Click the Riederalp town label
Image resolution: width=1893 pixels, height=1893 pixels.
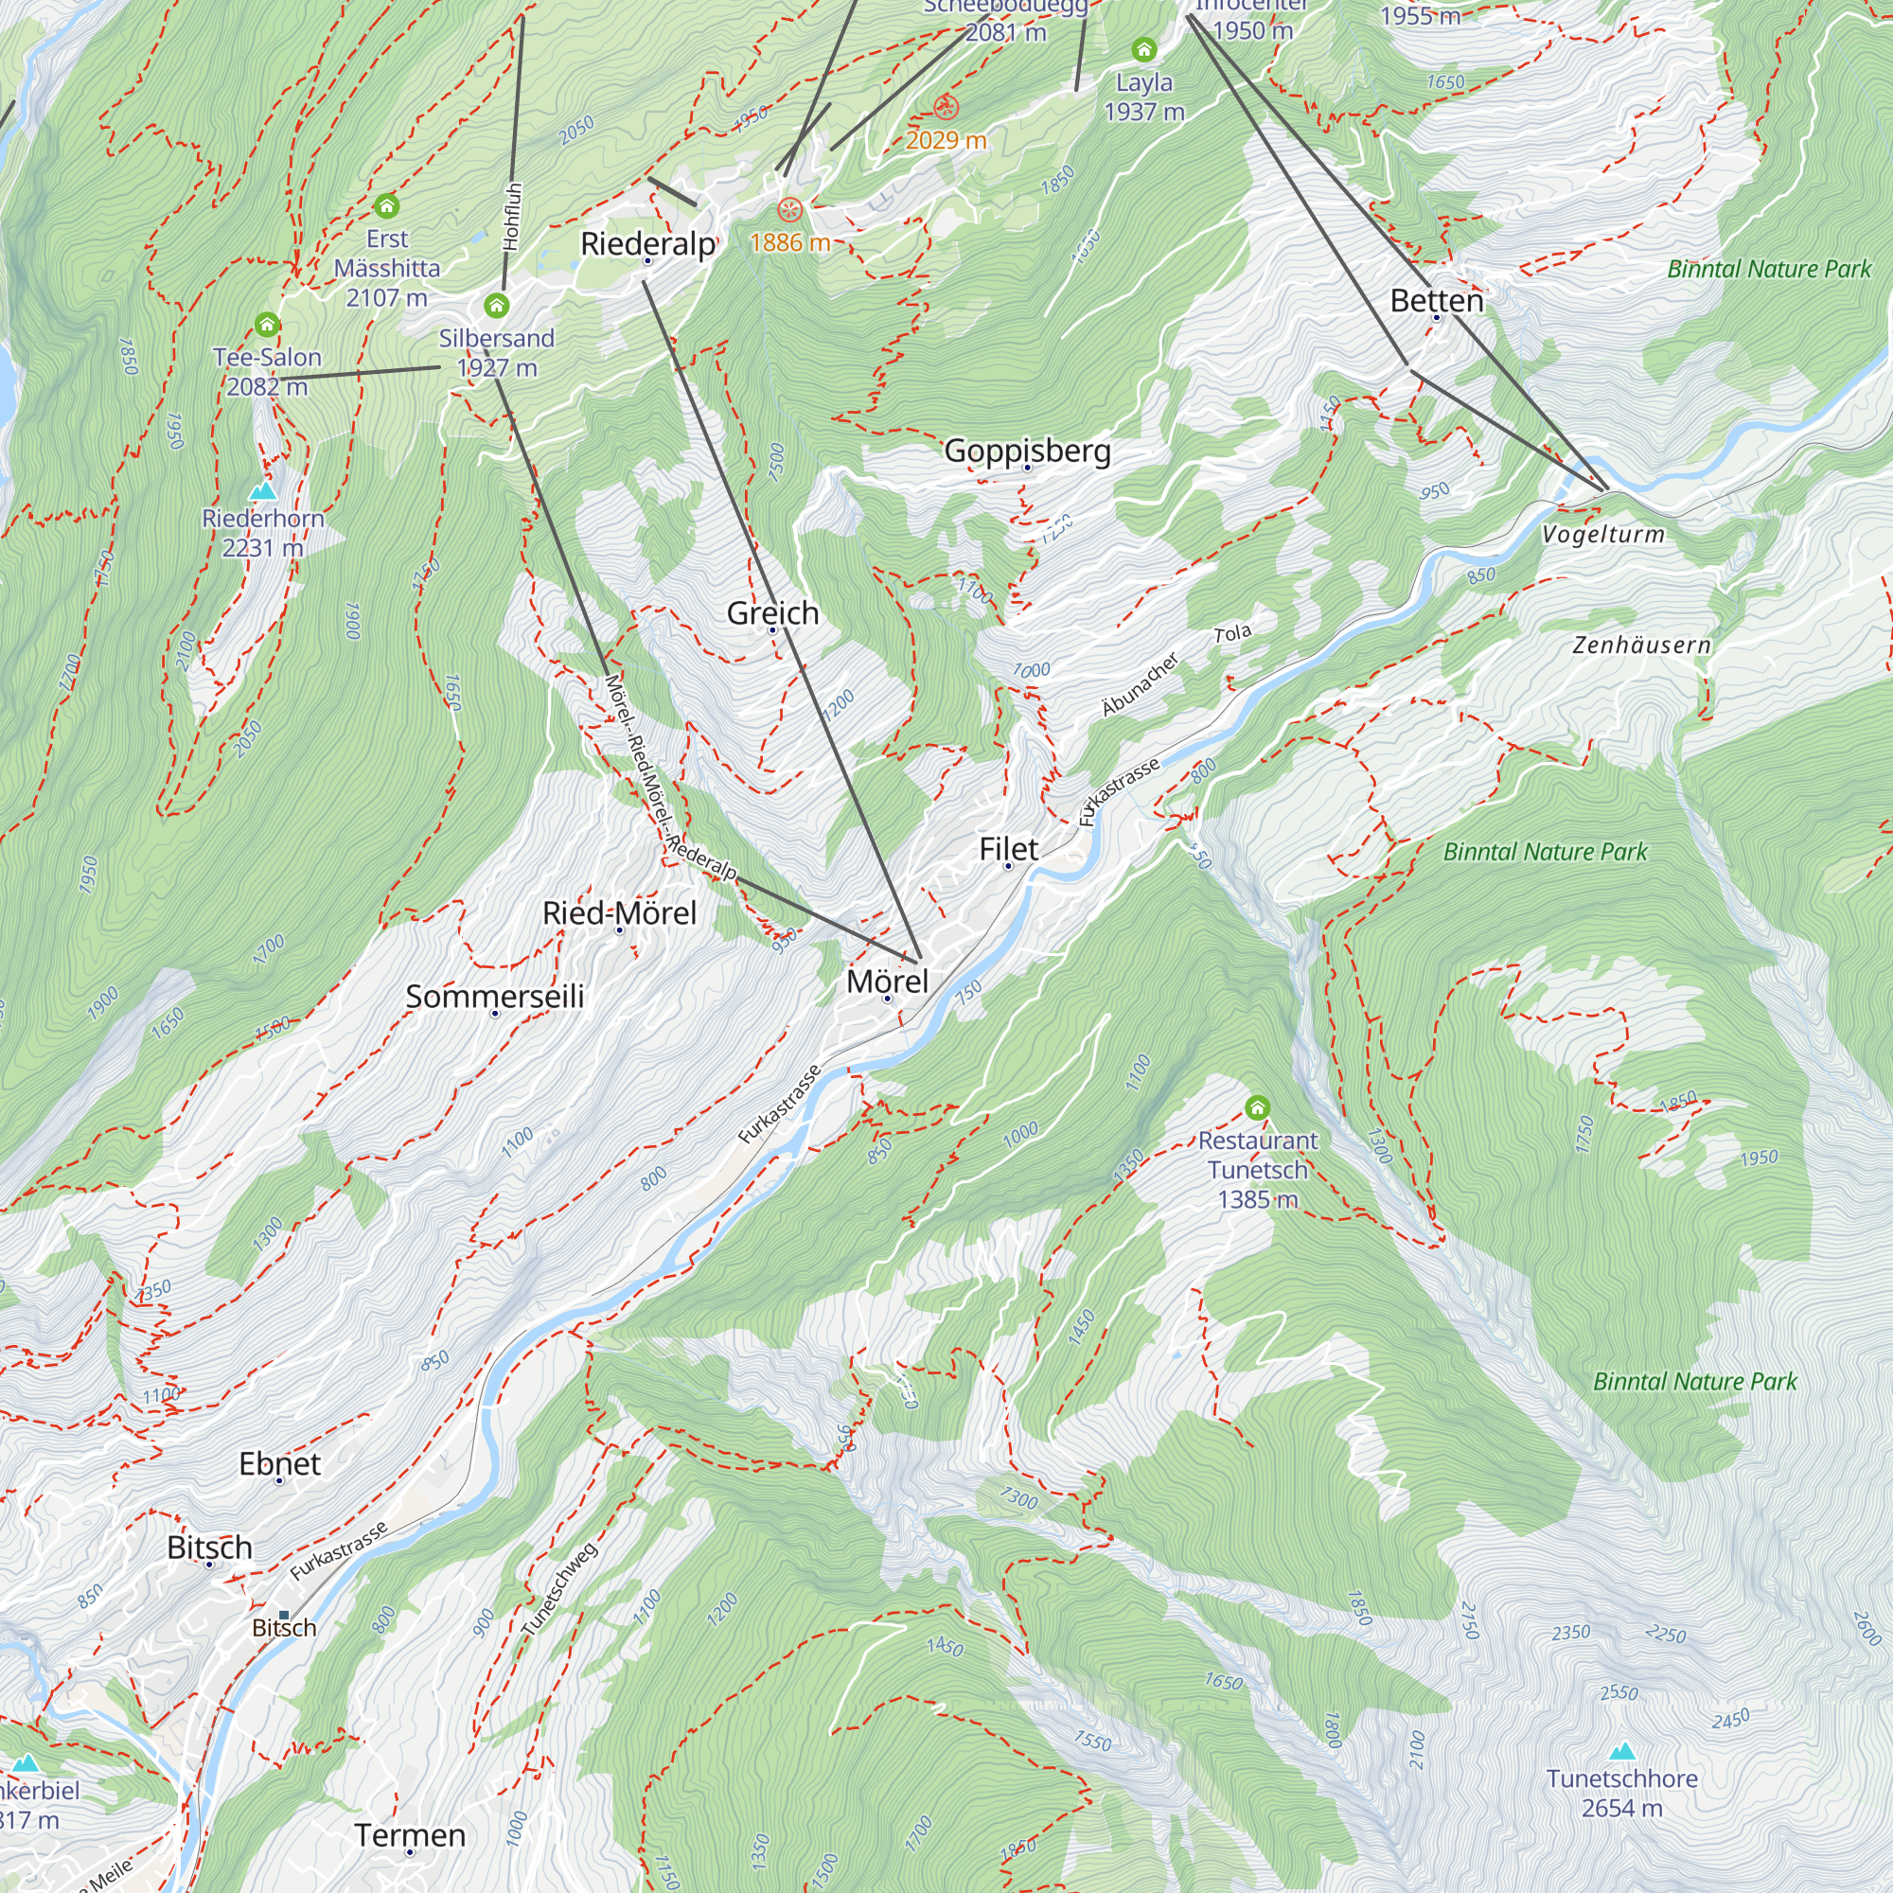coord(647,244)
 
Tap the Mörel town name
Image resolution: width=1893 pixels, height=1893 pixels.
coord(887,981)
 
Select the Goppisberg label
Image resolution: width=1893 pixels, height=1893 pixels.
coord(1027,451)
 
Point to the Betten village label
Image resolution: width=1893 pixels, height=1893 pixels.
coord(1437,301)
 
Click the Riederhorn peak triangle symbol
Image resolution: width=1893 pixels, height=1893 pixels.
coord(262,491)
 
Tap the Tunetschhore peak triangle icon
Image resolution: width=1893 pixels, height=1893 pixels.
coord(1622,1751)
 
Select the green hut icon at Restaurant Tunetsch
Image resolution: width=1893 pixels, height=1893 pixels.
coord(1257,1108)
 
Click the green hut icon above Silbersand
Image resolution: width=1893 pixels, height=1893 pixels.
coord(497,307)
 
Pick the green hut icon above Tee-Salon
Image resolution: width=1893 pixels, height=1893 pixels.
coord(268,325)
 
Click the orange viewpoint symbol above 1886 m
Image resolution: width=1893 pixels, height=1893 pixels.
coord(789,210)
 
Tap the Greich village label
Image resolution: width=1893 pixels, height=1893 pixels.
coord(772,613)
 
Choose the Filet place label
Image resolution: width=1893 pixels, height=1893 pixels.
coord(1008,848)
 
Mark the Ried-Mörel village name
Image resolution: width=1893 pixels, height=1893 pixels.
coord(619,913)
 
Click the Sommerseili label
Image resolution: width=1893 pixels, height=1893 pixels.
coord(495,997)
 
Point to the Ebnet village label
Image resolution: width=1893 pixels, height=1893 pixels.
coord(279,1464)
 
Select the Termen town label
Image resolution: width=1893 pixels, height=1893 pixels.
coord(410,1835)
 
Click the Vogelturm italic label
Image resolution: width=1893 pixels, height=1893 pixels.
coord(1603,535)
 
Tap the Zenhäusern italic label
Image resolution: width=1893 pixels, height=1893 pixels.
coord(1641,646)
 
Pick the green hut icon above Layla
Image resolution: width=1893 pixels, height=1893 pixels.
coord(1143,49)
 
